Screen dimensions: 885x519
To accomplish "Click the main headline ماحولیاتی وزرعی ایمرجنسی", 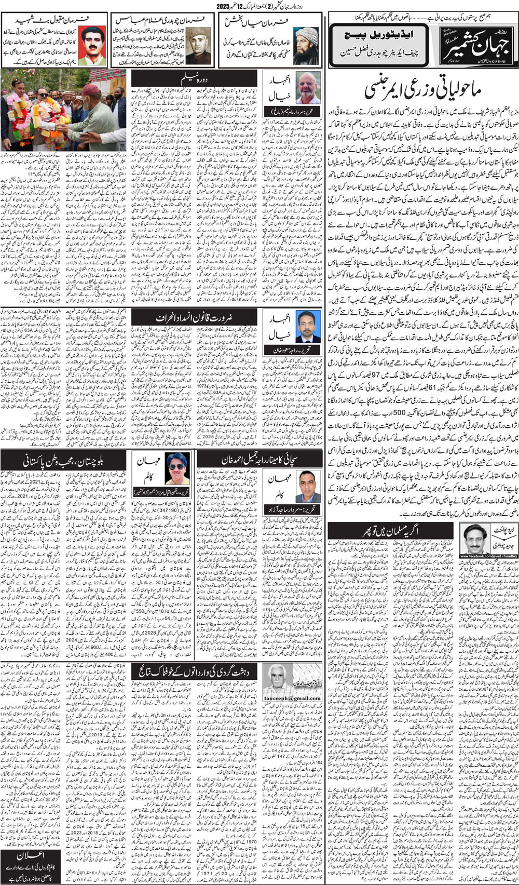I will (x=424, y=89).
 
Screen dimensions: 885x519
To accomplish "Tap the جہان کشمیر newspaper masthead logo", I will (x=474, y=45).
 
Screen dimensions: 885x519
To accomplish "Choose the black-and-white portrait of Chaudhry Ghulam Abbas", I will (x=200, y=46).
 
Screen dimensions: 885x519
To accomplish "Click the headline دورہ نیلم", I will (x=193, y=79).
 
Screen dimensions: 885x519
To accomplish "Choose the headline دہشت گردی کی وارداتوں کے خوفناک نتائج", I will (x=194, y=672).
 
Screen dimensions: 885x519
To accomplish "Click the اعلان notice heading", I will (x=31, y=856).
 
